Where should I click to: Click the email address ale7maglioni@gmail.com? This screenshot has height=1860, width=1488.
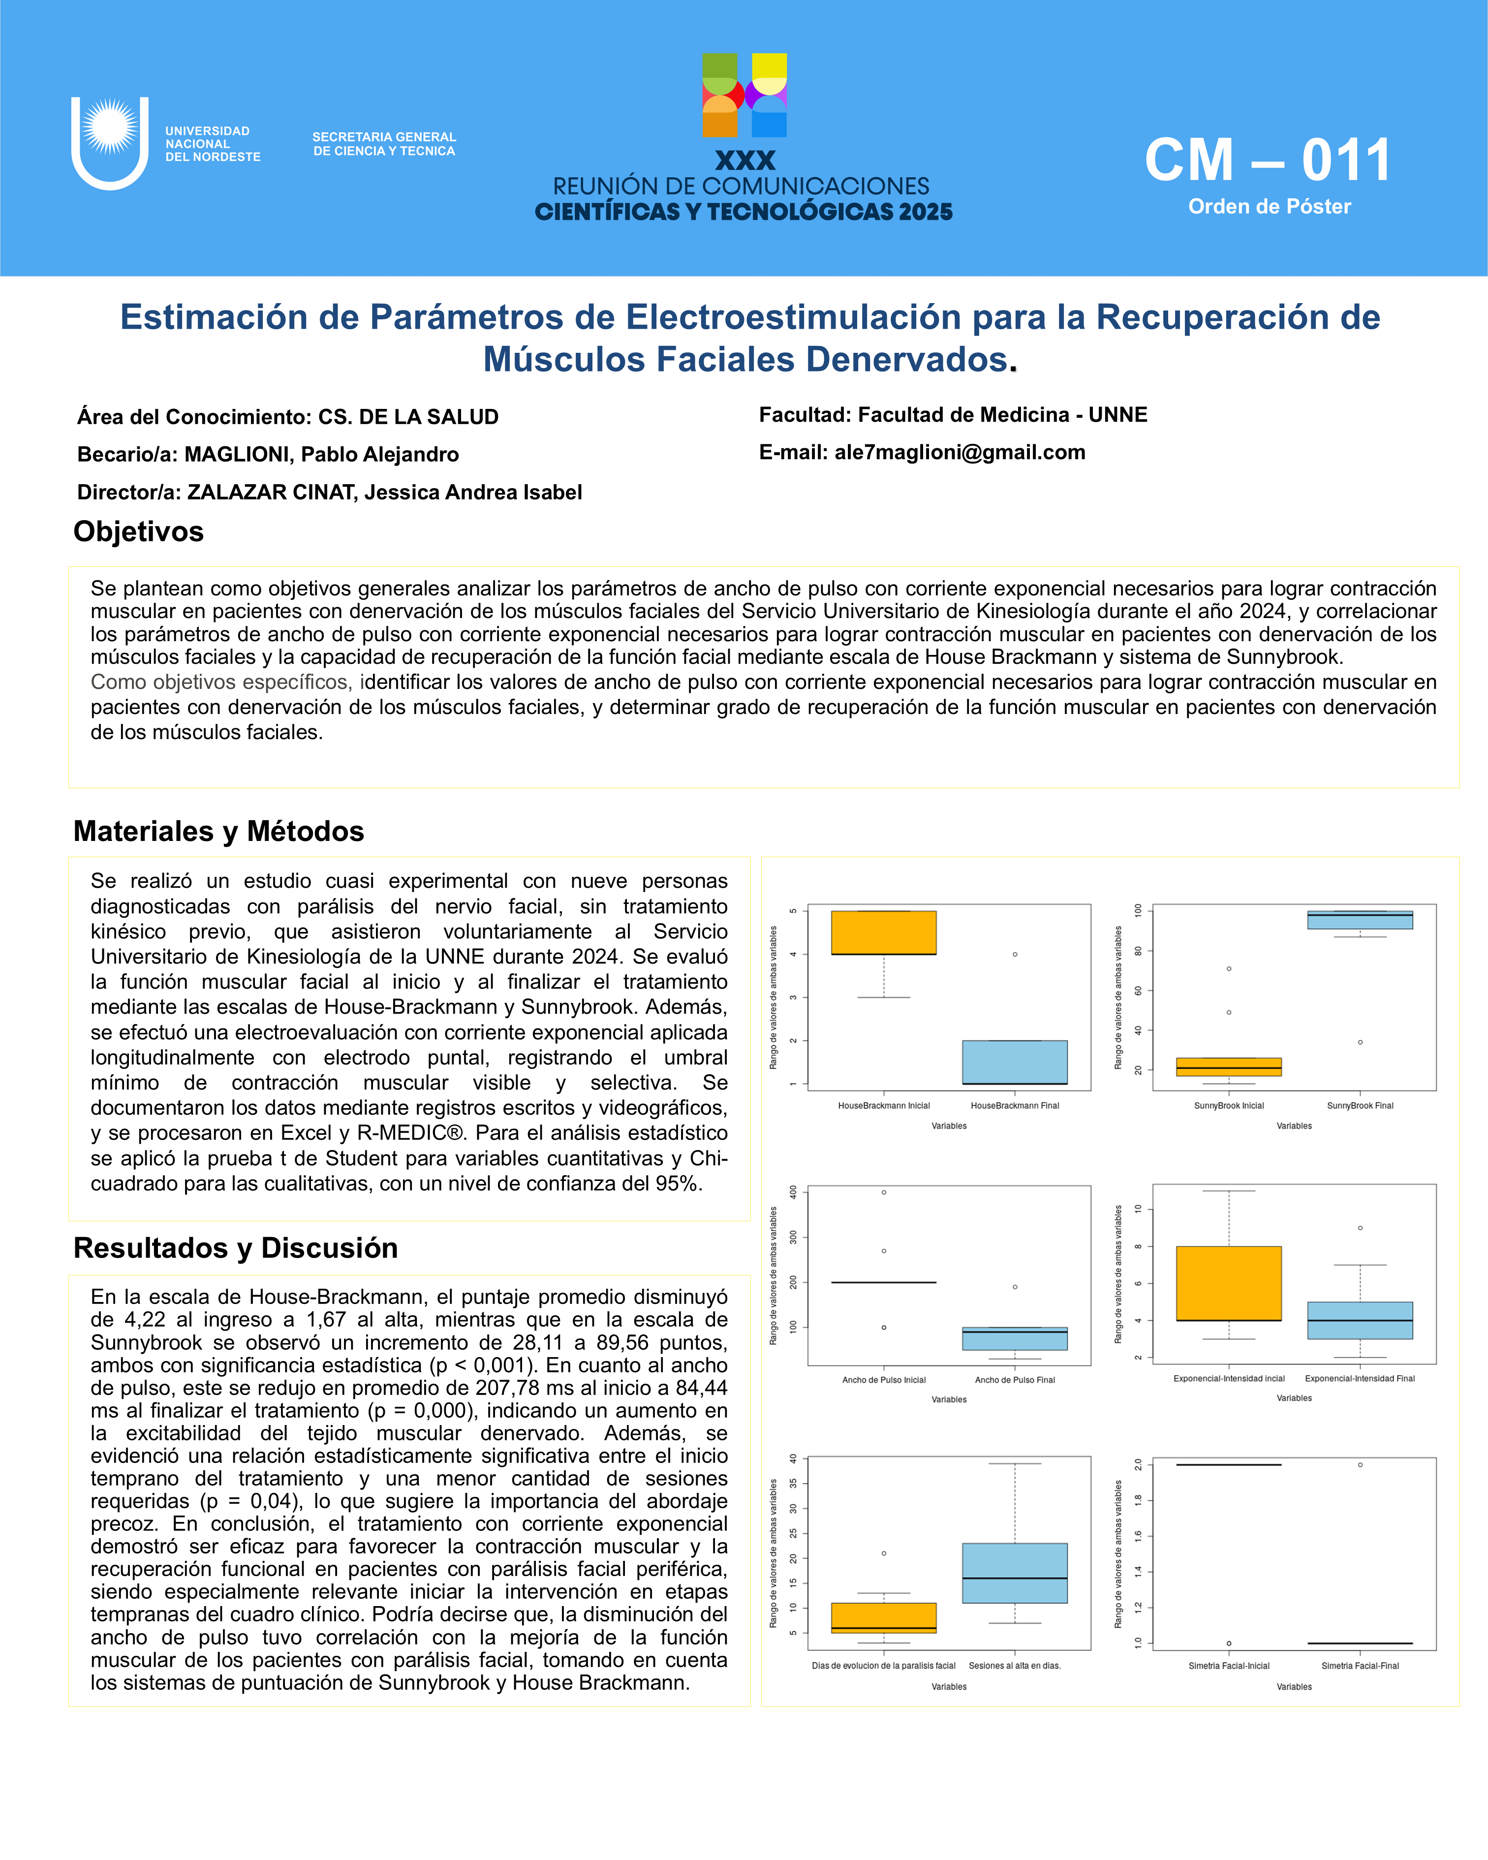(x=959, y=452)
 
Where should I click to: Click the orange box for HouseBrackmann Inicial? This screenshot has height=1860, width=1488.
(x=883, y=932)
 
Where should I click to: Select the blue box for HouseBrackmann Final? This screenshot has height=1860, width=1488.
(x=1015, y=1062)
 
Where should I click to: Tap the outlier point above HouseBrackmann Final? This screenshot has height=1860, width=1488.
(x=1015, y=954)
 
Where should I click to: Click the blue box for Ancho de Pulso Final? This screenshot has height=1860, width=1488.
(x=1015, y=1338)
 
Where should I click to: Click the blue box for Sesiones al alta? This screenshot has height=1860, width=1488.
(x=1015, y=1573)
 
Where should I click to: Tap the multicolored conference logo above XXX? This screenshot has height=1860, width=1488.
(x=744, y=95)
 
